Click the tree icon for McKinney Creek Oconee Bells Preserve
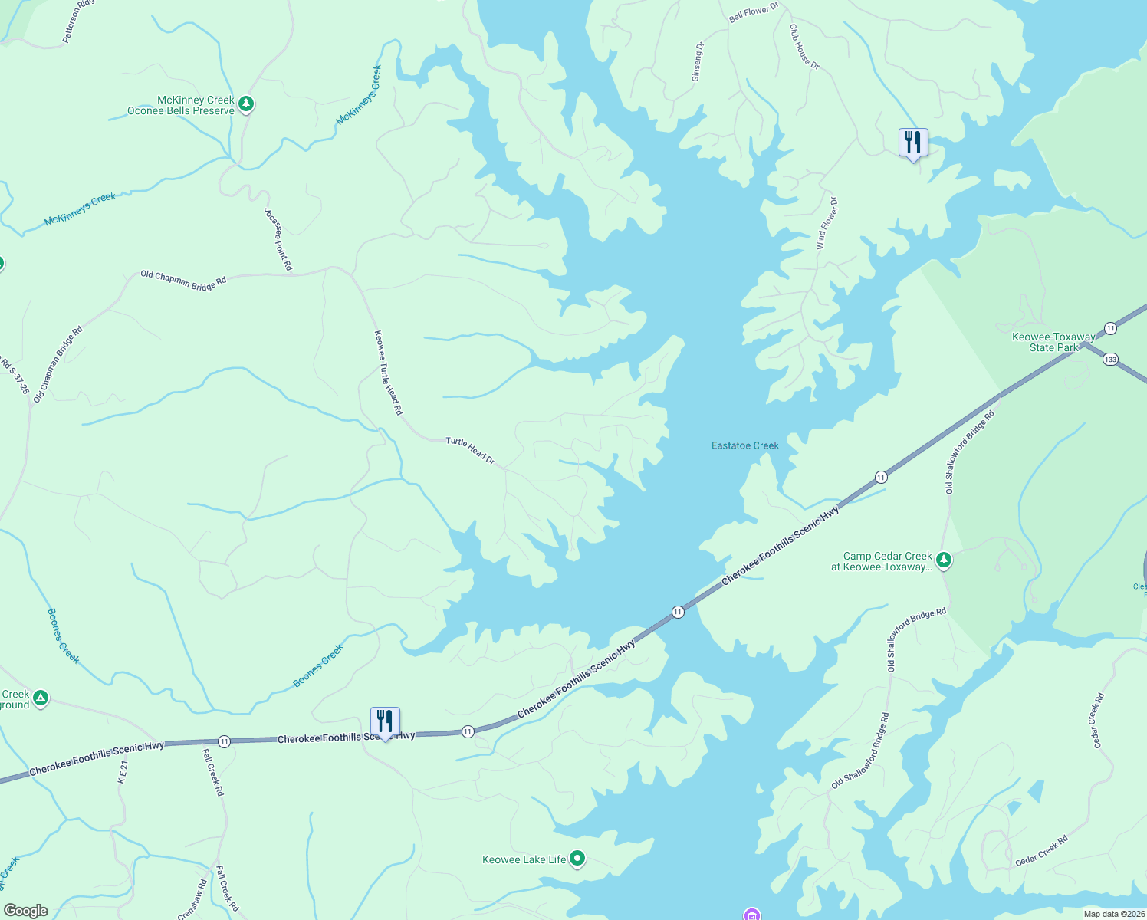245,103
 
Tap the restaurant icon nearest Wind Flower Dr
912,143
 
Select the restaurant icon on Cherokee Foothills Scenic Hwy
384,721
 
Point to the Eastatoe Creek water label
744,445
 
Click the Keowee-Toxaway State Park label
1053,342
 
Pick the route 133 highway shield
1112,359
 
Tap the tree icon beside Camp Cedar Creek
944,560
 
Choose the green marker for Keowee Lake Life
578,859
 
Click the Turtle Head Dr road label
470,451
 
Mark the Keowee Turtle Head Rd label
388,373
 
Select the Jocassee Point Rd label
278,238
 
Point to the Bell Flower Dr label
753,12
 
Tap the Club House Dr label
804,47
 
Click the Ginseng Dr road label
697,62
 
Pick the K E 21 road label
122,767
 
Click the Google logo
25,911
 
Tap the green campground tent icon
41,698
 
